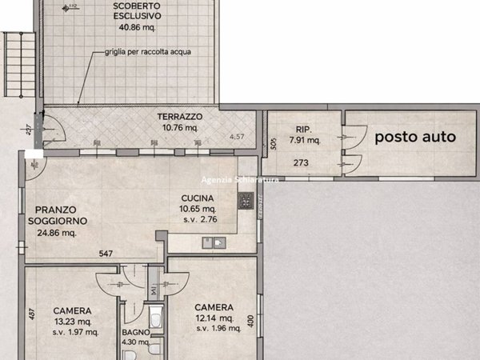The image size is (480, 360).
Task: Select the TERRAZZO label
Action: (x=179, y=117)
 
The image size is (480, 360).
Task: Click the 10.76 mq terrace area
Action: (x=179, y=127)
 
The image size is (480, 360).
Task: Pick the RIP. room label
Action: (x=303, y=128)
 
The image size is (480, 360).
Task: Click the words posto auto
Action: (x=416, y=137)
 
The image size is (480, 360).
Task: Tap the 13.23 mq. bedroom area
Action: (x=73, y=322)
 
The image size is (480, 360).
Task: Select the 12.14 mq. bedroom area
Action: (x=214, y=319)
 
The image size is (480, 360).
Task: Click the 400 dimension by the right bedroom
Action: (x=251, y=322)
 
